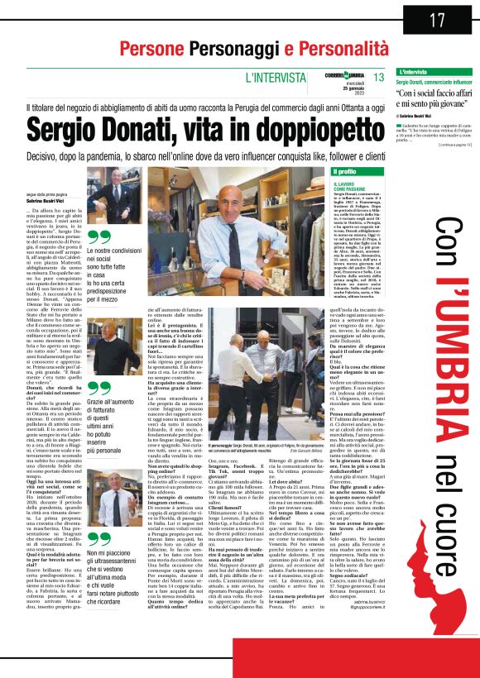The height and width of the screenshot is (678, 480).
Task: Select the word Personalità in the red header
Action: [x=310, y=48]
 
